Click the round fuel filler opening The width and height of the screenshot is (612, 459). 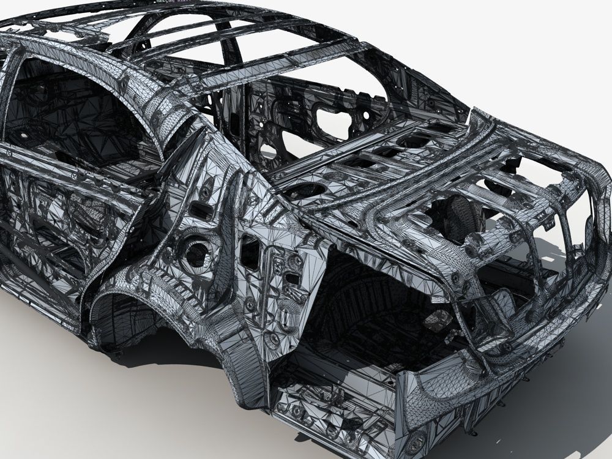[x=197, y=253]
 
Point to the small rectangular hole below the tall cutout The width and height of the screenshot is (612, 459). [x=293, y=279]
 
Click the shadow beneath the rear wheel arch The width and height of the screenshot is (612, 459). [x=153, y=355]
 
